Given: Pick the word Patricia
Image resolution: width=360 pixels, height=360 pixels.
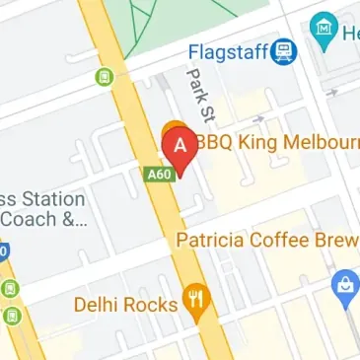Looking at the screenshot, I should pos(210,239).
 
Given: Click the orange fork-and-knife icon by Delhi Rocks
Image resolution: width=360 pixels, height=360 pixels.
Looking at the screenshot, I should pos(197,301).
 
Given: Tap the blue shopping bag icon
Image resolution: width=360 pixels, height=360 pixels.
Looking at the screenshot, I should pos(344,286).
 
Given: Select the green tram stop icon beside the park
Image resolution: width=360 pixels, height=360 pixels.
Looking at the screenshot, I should pos(102,77).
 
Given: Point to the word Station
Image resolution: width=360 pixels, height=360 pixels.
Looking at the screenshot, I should pos(43,197).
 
